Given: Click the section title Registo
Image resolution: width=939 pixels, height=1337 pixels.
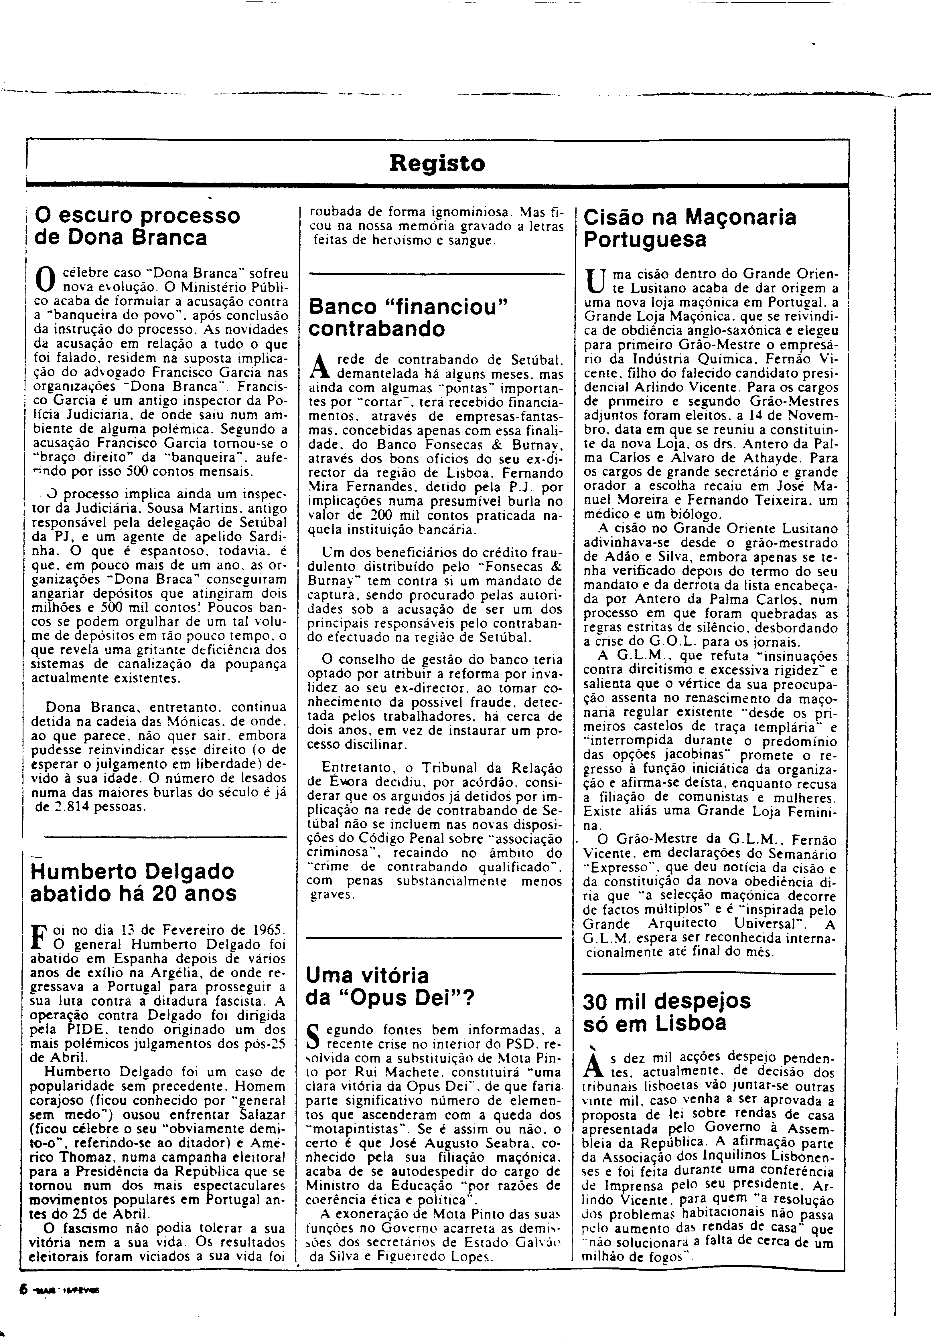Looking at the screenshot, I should pos(437,163).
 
